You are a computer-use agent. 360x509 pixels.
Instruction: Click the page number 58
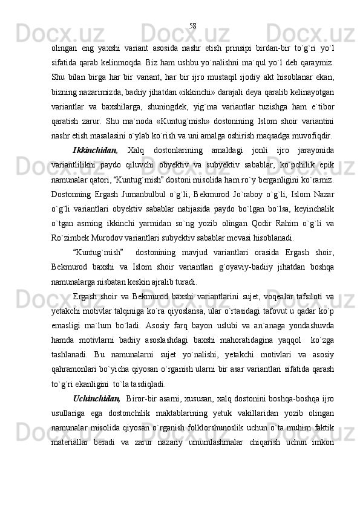[192, 25]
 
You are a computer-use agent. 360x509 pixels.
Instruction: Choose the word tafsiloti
[304, 296]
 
